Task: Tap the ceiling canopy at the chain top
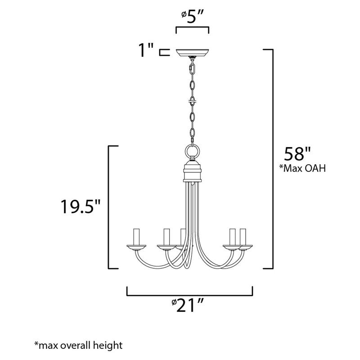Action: coord(192,53)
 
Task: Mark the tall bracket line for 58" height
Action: coord(272,157)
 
